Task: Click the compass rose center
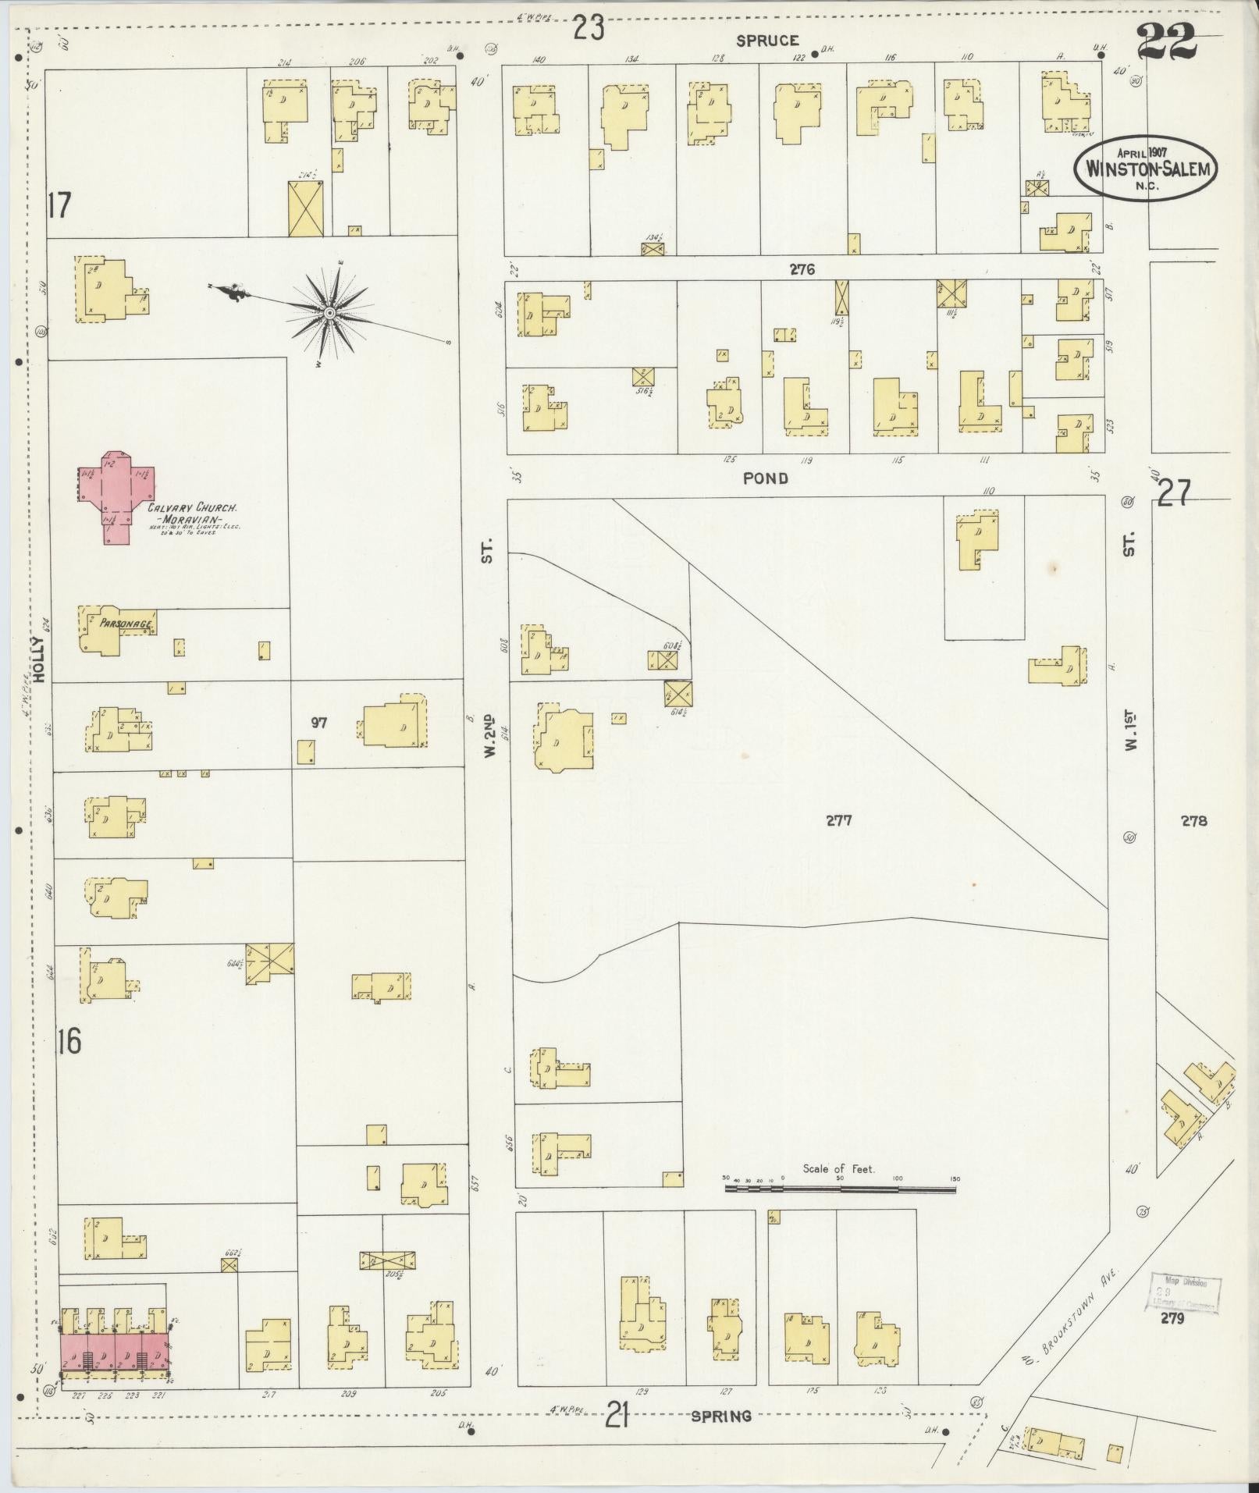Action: click(330, 313)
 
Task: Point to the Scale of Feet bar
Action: click(841, 1211)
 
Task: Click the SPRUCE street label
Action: click(767, 41)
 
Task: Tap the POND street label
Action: click(765, 478)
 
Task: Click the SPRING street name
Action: click(720, 1416)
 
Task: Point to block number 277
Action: click(838, 820)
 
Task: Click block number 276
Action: click(801, 270)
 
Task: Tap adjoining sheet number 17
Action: click(59, 207)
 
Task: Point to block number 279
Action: click(1172, 1319)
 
